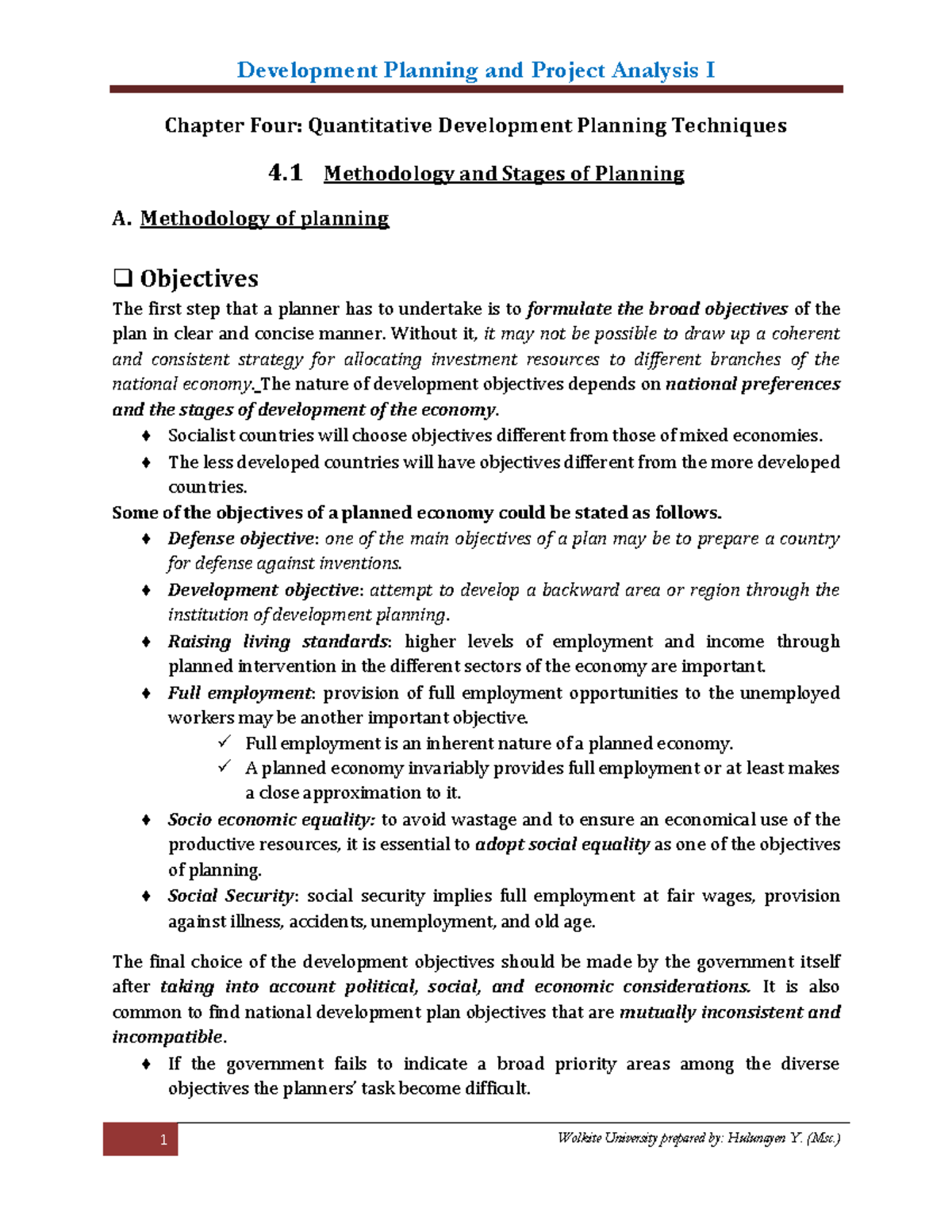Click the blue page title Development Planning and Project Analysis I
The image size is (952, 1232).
(476, 71)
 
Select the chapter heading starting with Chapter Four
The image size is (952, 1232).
(475, 125)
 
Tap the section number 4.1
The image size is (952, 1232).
(286, 173)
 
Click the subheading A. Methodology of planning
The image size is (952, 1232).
(251, 219)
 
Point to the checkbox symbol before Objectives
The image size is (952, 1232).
(122, 278)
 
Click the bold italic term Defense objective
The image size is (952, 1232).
(240, 539)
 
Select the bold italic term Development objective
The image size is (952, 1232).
(263, 590)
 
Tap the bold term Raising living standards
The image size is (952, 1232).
(278, 642)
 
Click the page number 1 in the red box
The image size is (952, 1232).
(163, 1140)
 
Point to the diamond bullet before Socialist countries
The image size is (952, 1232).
(146, 436)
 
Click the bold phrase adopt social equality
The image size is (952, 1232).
(562, 845)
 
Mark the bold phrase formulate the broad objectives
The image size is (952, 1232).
(657, 309)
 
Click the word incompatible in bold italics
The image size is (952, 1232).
(168, 1038)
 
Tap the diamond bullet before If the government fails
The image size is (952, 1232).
(146, 1064)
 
